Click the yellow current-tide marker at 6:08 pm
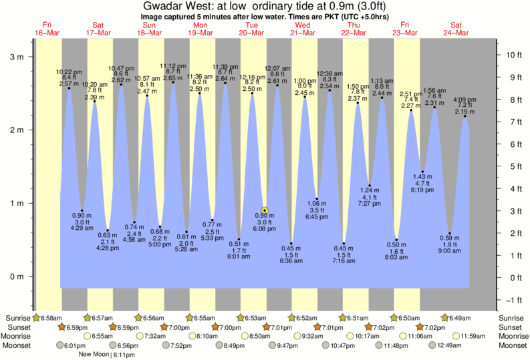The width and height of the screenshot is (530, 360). [x=265, y=210]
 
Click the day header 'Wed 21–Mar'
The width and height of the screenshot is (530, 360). [x=303, y=29]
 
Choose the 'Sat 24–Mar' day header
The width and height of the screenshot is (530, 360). [x=456, y=29]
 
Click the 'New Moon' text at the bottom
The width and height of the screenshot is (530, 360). [x=94, y=355]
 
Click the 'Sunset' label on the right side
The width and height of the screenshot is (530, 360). [x=511, y=327]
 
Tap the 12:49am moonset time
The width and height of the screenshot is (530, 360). [x=450, y=346]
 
